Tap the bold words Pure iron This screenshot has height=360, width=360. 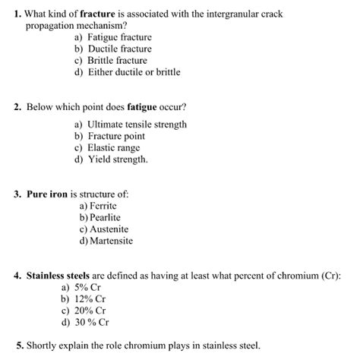(47, 194)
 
